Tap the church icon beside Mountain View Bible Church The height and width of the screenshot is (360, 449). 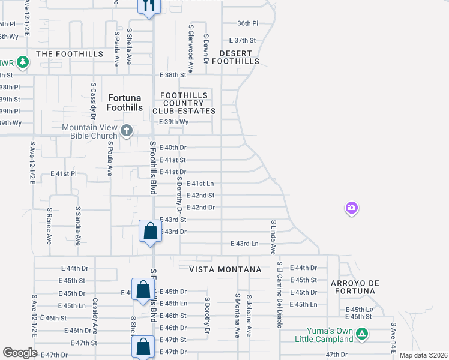[x=126, y=130]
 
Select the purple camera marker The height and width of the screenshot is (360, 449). [x=352, y=208]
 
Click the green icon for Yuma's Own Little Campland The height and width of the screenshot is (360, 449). [x=362, y=333]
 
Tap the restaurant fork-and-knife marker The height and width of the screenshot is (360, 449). [x=148, y=6]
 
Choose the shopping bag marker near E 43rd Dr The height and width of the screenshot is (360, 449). [x=150, y=231]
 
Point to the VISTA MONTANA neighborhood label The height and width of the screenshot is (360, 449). [x=225, y=269]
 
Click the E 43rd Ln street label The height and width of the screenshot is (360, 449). [x=244, y=244]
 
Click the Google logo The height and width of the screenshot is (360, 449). [x=20, y=353]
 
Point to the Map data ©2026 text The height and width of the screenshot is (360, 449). [x=423, y=355]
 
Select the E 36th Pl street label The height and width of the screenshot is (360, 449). [x=247, y=23]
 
